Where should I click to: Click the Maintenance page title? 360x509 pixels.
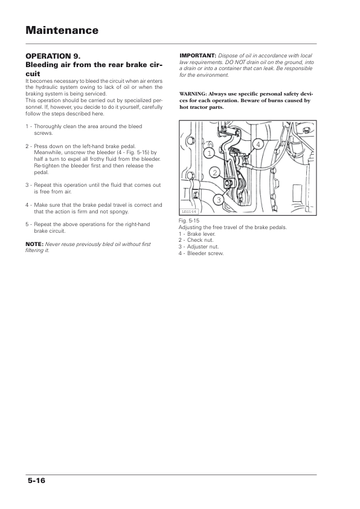(62, 30)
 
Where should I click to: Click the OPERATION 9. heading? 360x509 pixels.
(53, 56)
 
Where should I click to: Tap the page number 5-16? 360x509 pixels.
(36, 481)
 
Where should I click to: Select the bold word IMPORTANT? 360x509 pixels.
(198, 56)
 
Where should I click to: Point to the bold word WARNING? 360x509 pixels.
(193, 94)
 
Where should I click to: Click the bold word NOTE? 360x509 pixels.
(34, 244)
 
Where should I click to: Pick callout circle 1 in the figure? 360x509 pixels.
(210, 153)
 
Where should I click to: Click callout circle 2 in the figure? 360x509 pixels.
(215, 173)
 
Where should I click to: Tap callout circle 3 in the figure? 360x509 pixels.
(219, 199)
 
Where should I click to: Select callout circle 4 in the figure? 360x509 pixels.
(258, 144)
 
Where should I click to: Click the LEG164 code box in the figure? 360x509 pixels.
(188, 212)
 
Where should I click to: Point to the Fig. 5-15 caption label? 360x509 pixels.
(188, 221)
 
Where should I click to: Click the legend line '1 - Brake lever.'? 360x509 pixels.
(197, 234)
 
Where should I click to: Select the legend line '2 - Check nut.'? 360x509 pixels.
(196, 240)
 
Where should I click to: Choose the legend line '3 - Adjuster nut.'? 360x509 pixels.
(199, 247)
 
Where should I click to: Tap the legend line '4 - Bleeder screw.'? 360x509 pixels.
(201, 253)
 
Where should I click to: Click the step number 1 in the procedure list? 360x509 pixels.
(27, 126)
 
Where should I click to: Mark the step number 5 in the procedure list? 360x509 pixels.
(27, 224)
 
